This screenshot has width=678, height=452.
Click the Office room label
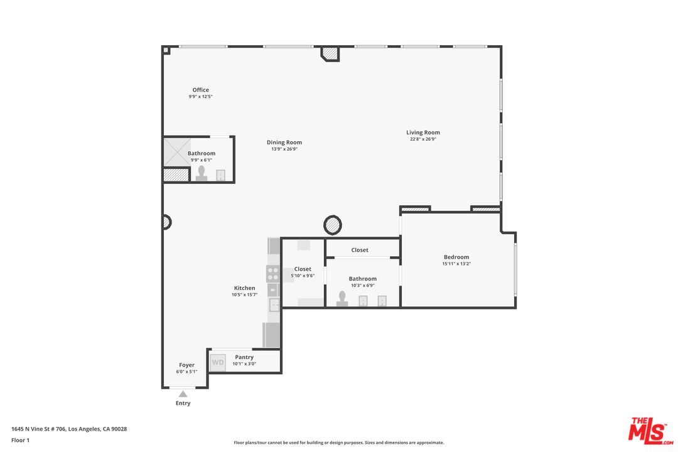pyautogui.click(x=201, y=90)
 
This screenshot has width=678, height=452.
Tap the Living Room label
pyautogui.click(x=423, y=132)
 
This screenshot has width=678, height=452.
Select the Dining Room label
pyautogui.click(x=284, y=143)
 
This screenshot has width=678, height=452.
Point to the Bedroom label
pyautogui.click(x=456, y=257)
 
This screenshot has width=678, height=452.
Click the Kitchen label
pyautogui.click(x=245, y=288)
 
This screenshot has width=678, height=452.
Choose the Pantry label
pyautogui.click(x=244, y=357)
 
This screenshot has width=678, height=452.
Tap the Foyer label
pyautogui.click(x=186, y=365)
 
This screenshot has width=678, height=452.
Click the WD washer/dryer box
pyautogui.click(x=217, y=362)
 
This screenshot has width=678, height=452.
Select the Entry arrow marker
pyautogui.click(x=183, y=394)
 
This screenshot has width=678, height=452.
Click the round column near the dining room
pyautogui.click(x=333, y=224)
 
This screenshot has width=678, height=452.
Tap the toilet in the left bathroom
pyautogui.click(x=202, y=173)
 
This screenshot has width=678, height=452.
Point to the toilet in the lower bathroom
pyautogui.click(x=342, y=298)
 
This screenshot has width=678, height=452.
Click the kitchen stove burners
pyautogui.click(x=273, y=274)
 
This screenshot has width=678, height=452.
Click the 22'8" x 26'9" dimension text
pyautogui.click(x=423, y=139)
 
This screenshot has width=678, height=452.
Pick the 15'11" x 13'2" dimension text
pyautogui.click(x=456, y=264)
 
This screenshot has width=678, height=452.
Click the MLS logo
pyautogui.click(x=650, y=429)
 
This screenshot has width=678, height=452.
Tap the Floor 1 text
pyautogui.click(x=20, y=440)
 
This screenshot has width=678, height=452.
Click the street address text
pyautogui.click(x=69, y=429)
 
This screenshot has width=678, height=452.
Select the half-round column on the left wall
pyautogui.click(x=167, y=222)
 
